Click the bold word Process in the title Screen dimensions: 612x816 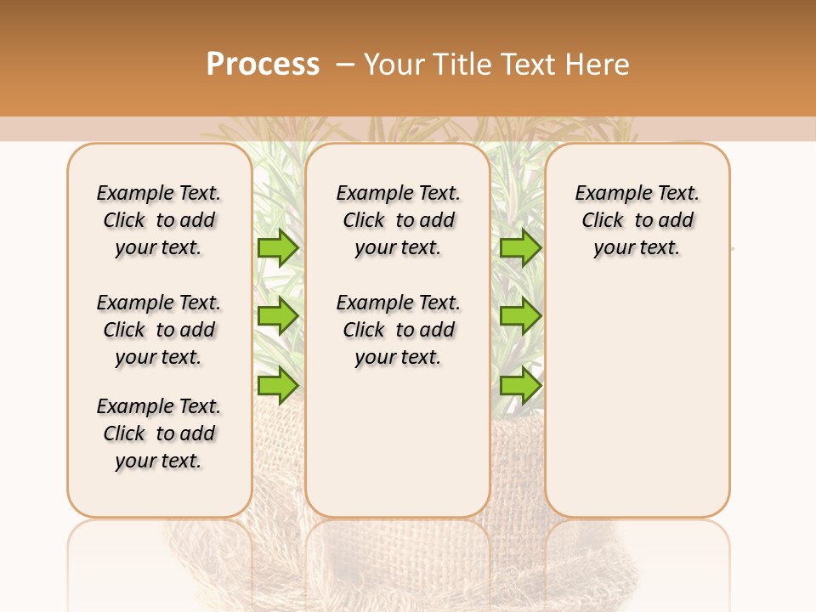(x=263, y=64)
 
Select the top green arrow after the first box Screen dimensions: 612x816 (x=278, y=248)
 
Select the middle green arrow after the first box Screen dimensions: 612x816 (x=278, y=316)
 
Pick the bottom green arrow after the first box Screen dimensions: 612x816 (x=278, y=386)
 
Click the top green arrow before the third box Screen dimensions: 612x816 (x=520, y=248)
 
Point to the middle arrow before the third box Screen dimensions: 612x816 (x=520, y=316)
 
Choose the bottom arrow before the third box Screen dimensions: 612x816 (x=520, y=386)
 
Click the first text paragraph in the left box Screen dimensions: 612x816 (x=159, y=220)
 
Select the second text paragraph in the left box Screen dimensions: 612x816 (x=159, y=330)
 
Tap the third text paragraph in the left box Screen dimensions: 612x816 (x=159, y=433)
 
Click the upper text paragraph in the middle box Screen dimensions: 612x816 (x=398, y=220)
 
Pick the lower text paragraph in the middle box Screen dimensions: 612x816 (x=398, y=330)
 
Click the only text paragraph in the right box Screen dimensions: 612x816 (x=637, y=220)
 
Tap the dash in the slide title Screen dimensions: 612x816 (x=345, y=65)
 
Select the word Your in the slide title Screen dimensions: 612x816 (x=394, y=64)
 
